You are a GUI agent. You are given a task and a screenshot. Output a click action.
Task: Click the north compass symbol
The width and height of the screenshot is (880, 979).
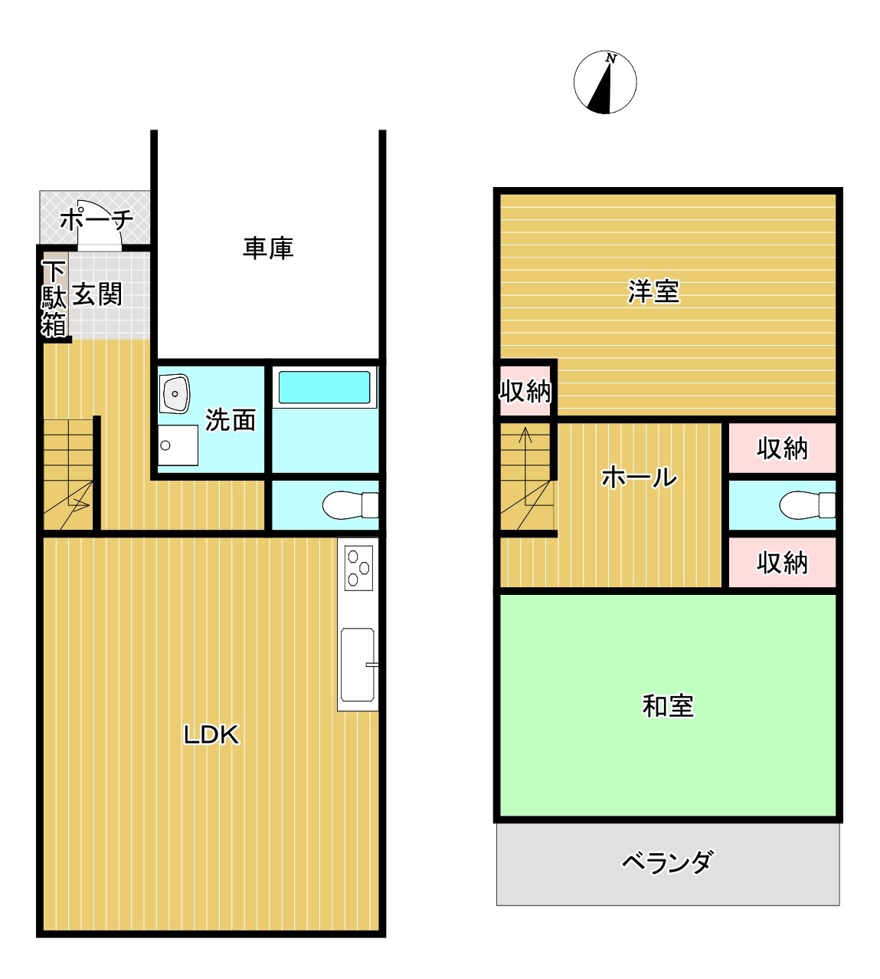604,82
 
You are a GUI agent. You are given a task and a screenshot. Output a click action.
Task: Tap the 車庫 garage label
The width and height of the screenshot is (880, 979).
268,248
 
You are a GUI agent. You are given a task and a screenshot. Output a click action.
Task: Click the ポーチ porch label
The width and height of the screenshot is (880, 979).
97,219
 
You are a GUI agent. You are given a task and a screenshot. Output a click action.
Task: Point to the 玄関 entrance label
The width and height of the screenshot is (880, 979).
97,294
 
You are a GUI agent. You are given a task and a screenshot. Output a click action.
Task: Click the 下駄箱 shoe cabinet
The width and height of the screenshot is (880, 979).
54,298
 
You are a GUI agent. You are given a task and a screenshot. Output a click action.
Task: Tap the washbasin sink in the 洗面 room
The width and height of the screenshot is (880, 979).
174,393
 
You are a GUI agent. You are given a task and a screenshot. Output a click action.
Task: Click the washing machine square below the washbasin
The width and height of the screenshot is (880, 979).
178,445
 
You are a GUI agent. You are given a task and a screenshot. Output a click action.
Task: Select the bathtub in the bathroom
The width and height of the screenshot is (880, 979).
324,387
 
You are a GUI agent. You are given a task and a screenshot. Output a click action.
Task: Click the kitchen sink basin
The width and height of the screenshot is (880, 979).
358,665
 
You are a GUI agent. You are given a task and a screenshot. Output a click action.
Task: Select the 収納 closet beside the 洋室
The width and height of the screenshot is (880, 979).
525,392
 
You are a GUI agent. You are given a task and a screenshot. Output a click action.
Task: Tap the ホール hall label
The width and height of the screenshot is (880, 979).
640,477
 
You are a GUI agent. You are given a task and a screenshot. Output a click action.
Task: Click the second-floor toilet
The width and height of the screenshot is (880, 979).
807,504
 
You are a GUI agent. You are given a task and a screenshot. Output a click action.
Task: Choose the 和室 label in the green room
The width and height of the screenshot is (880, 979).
668,706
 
